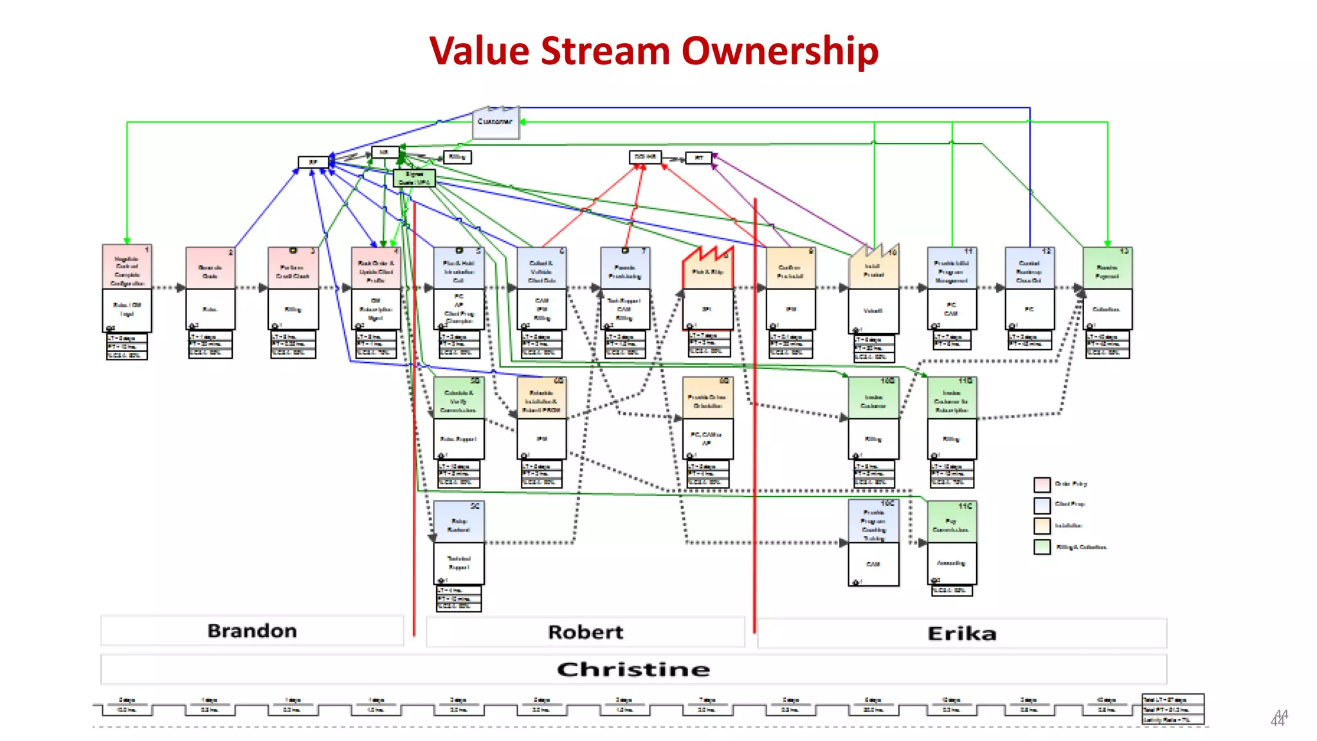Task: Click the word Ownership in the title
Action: [x=779, y=51]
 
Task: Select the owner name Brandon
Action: [x=252, y=631]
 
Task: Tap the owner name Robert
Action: [x=585, y=632]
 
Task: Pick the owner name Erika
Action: [x=961, y=634]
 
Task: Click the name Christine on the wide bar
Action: [x=633, y=670]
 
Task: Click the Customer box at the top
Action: [x=495, y=122]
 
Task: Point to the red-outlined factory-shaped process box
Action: [x=707, y=270]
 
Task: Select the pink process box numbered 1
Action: [x=127, y=268]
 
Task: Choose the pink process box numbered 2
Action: [x=210, y=269]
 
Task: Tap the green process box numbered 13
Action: [x=1107, y=269]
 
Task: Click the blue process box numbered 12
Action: [x=1029, y=269]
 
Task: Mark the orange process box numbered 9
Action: [x=790, y=269]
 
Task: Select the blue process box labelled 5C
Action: [x=459, y=522]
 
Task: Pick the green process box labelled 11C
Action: [x=952, y=522]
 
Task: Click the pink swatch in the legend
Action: [x=1042, y=484]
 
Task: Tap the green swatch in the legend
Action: [x=1042, y=547]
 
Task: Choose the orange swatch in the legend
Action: [x=1042, y=526]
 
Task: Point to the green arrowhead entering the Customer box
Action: [x=523, y=122]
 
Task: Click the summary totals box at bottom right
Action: [x=1172, y=709]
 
